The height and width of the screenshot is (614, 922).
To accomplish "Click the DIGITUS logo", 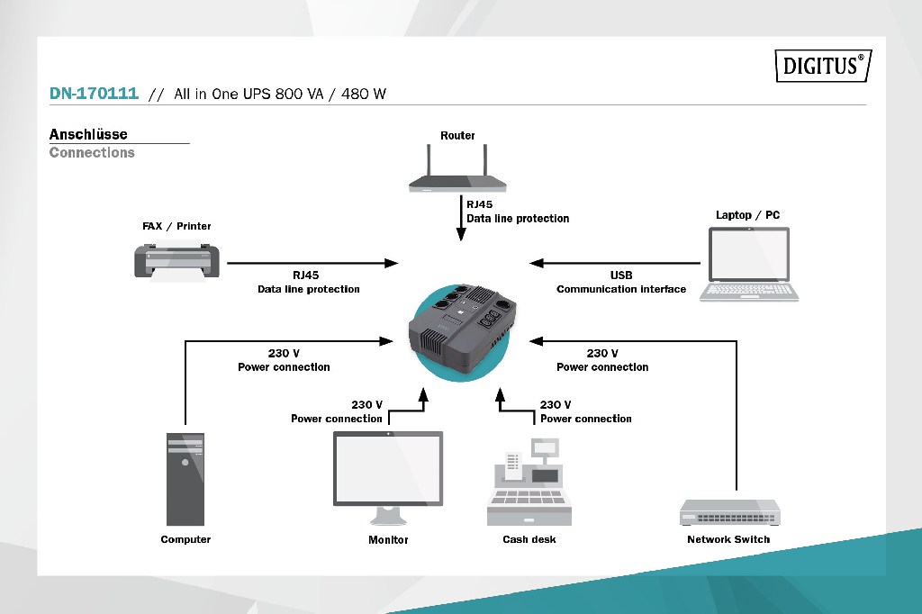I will click(x=823, y=66).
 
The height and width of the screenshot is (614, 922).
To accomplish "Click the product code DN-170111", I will click(x=94, y=94).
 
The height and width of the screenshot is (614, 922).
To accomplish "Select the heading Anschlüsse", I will click(x=88, y=134).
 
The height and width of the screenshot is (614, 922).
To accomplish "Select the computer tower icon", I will click(x=185, y=479).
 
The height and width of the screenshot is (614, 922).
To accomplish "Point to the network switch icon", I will click(x=729, y=513).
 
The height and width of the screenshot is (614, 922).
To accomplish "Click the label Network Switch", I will click(x=728, y=539).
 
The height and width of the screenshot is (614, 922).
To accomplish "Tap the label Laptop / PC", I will click(x=747, y=215).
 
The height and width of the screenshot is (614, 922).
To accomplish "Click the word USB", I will click(x=621, y=275).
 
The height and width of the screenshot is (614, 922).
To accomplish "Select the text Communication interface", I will click(x=621, y=289).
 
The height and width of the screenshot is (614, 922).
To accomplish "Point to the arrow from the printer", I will click(x=311, y=263).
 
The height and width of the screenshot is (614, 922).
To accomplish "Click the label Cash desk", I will click(x=529, y=539).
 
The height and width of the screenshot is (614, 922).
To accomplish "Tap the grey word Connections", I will click(x=92, y=152).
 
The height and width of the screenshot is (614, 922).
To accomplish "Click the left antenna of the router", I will click(x=429, y=162).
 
